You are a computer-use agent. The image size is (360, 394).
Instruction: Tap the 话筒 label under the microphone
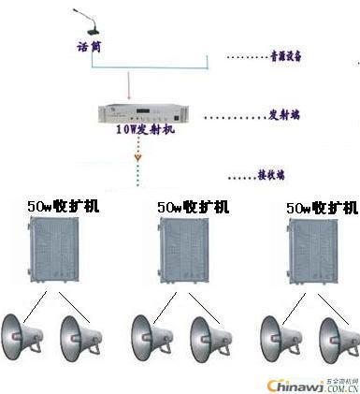tap(89, 45)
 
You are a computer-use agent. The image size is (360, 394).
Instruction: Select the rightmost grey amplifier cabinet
tap(315, 250)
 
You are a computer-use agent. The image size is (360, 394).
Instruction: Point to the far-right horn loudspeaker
tap(338, 338)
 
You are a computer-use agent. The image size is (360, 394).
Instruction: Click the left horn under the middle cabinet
tap(150, 333)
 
